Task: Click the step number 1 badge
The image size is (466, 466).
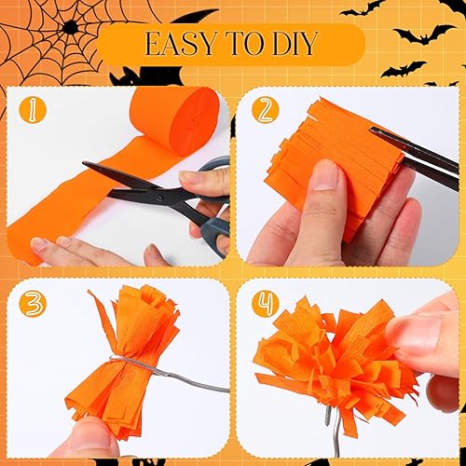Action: coord(34,108)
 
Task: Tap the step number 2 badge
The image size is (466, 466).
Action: coord(267,109)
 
